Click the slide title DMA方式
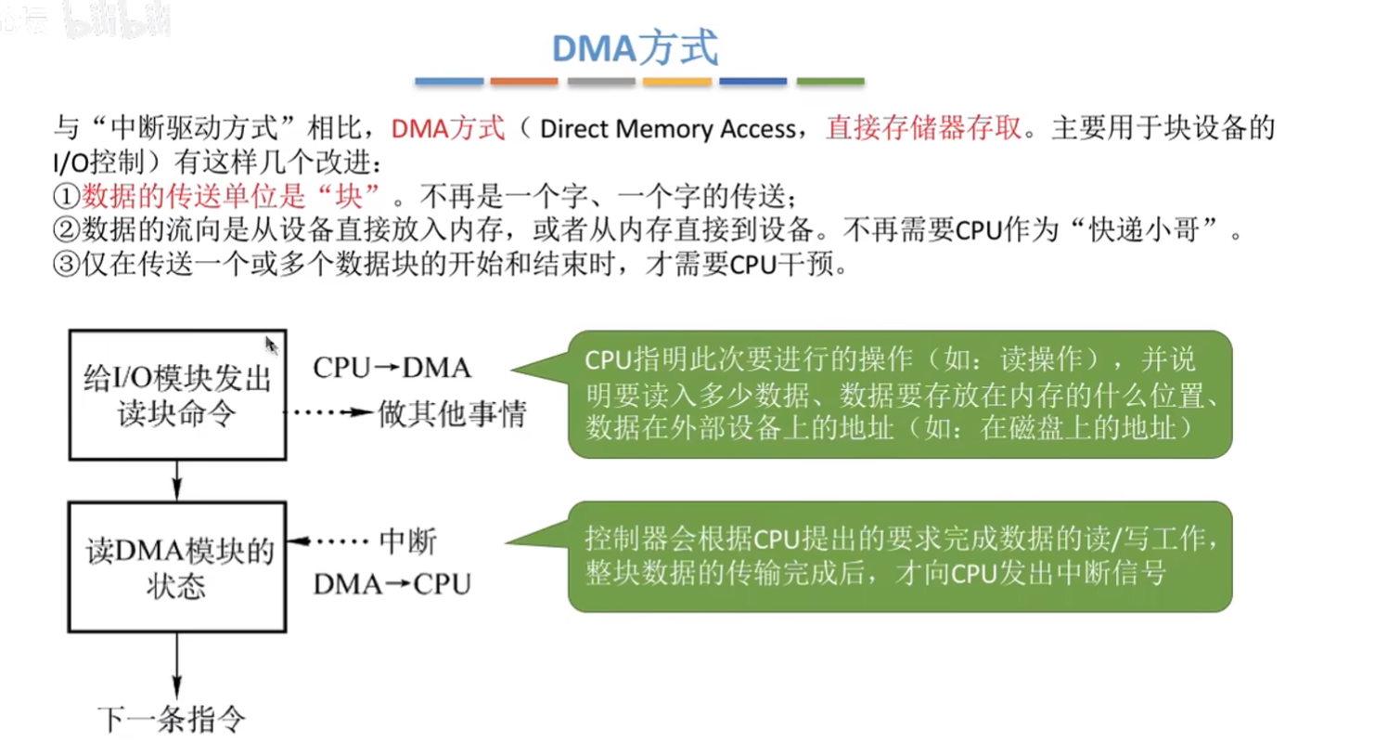click(x=635, y=48)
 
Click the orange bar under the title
click(x=523, y=81)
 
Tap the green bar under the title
click(x=830, y=81)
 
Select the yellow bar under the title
click(x=677, y=81)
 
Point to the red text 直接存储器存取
click(x=923, y=128)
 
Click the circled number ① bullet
click(x=66, y=197)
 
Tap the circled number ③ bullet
click(x=66, y=264)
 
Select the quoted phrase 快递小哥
click(x=1144, y=229)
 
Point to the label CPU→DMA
click(x=392, y=368)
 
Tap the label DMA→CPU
click(x=392, y=584)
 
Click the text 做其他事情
click(x=453, y=413)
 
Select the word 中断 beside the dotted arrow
click(x=408, y=541)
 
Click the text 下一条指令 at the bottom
click(x=172, y=719)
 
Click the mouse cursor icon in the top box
click(x=271, y=345)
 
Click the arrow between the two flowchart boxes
click(x=177, y=481)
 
